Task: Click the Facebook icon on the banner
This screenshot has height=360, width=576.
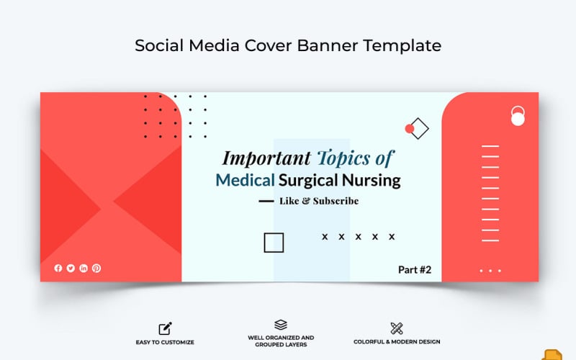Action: click(58, 268)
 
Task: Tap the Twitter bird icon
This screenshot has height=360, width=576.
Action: click(71, 268)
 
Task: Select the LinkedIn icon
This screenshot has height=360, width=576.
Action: click(84, 268)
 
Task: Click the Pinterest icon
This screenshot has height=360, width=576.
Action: click(96, 268)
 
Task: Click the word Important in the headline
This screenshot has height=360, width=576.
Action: click(266, 158)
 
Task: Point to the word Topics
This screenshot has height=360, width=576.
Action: click(346, 158)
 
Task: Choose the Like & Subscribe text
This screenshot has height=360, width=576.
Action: click(318, 201)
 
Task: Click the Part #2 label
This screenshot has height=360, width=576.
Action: click(415, 270)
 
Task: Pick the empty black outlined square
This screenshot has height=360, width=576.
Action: click(274, 243)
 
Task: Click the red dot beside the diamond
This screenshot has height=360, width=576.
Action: click(410, 129)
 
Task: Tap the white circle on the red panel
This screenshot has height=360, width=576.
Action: click(518, 119)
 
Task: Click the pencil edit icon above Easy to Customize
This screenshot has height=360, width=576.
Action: click(165, 328)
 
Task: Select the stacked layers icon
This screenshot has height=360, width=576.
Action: click(281, 325)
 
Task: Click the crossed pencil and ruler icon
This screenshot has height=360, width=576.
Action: click(397, 328)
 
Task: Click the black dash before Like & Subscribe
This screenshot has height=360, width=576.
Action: click(266, 202)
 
